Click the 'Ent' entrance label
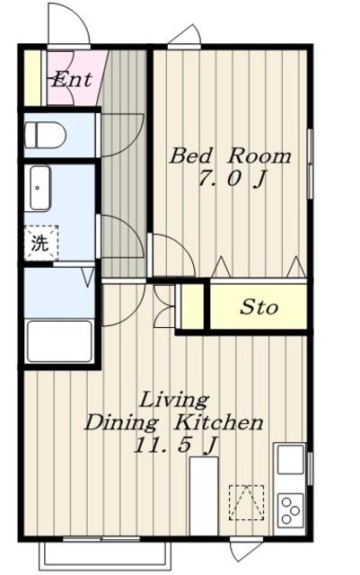point(72,80)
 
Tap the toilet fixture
point(45,135)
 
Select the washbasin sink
point(40,188)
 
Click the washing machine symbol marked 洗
point(41,243)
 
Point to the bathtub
point(60,341)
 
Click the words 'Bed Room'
point(230,155)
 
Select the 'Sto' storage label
point(259,307)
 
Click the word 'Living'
point(174,401)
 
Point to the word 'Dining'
point(122,423)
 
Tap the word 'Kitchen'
point(218,422)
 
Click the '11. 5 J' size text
point(176,446)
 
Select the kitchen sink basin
point(290,459)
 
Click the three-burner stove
point(290,510)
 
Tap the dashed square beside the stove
point(246,502)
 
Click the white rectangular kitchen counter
point(204,496)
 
